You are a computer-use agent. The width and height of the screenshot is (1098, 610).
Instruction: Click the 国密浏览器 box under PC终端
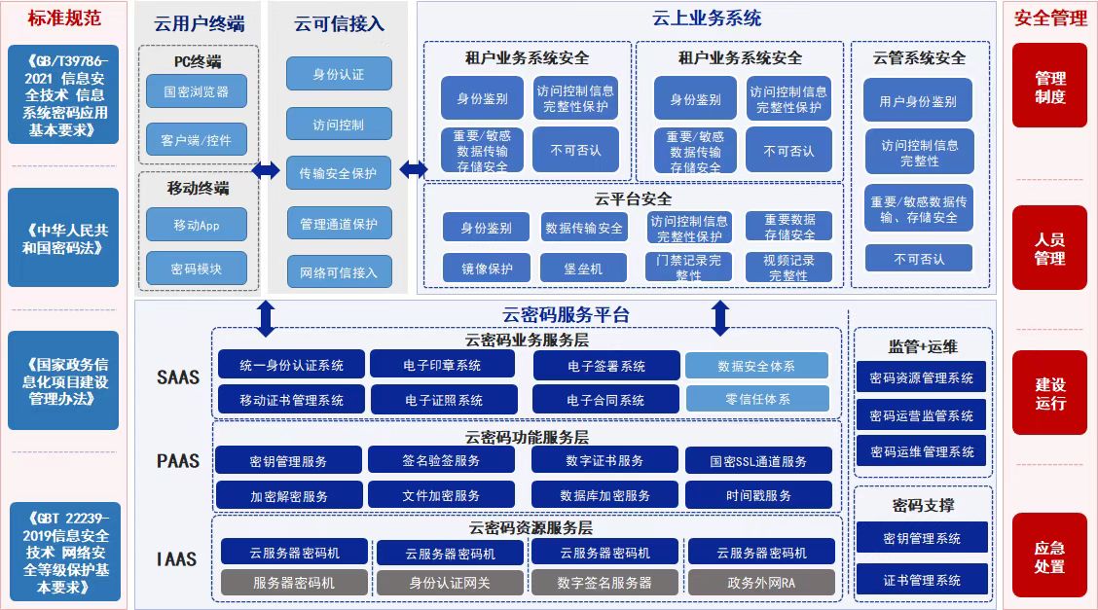pos(197,91)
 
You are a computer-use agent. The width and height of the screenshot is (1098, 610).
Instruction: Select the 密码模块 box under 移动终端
pos(197,268)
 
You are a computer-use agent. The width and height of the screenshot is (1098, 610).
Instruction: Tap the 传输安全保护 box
pos(338,173)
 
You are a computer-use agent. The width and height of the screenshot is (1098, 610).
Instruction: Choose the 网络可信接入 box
pos(338,272)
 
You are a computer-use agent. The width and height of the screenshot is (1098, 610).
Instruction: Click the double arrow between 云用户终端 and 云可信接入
pos(266,171)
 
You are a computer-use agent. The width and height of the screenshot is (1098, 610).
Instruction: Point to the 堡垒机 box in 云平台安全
pos(584,269)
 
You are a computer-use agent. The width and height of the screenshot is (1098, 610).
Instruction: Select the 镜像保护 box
pos(487,269)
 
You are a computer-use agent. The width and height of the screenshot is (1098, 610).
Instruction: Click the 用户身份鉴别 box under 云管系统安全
pos(918,100)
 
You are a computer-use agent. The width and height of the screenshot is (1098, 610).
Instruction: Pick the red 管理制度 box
pos(1049,87)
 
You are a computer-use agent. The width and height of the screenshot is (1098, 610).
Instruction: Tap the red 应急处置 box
pos(1049,556)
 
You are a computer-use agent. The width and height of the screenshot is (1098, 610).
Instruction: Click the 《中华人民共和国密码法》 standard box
pos(63,238)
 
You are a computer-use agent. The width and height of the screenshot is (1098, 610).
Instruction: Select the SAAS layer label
pos(178,377)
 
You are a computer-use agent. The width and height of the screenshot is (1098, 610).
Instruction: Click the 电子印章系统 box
pos(442,365)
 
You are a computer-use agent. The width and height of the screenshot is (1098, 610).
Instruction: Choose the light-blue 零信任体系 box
pos(756,399)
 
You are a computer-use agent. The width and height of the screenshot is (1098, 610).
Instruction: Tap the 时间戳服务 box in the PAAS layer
pos(758,495)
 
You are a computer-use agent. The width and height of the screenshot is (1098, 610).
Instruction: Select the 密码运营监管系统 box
pos(921,415)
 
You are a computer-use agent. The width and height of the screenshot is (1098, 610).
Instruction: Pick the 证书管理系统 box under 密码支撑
pos(921,580)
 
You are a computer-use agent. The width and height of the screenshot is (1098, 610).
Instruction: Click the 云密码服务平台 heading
pos(566,314)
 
